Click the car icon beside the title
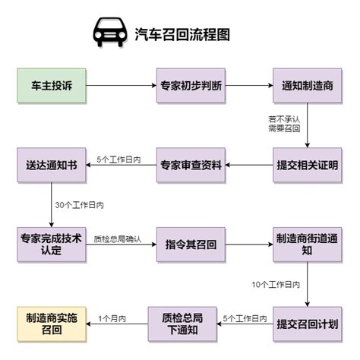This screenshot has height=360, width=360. [110, 32]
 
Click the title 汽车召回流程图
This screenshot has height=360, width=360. [182, 34]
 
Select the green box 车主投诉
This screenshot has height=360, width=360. [52, 86]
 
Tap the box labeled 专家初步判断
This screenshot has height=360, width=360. [191, 86]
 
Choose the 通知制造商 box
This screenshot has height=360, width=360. [308, 86]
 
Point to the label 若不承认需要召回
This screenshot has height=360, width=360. [284, 124]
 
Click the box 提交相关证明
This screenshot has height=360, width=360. [308, 165]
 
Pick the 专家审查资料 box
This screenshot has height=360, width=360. [191, 165]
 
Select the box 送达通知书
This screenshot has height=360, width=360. [52, 165]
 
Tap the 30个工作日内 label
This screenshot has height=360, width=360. [80, 205]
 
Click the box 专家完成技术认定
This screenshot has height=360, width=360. [52, 245]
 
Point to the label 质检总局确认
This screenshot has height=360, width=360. [118, 239]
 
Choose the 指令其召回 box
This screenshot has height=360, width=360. [191, 245]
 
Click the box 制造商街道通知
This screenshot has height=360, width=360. [308, 245]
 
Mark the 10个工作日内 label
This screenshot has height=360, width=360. [276, 284]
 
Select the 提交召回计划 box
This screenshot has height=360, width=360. [308, 324]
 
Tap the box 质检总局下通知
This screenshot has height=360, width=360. [182, 324]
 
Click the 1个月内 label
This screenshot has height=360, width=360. [112, 318]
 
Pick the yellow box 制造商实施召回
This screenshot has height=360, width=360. [52, 324]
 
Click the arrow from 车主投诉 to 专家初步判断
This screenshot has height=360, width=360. [122, 85]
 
